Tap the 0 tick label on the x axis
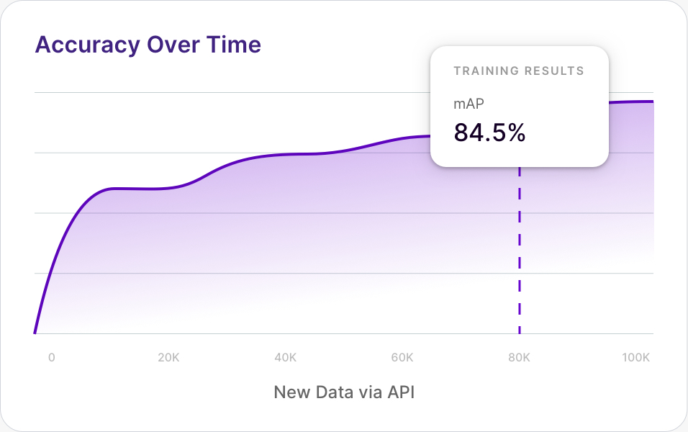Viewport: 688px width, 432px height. (51, 357)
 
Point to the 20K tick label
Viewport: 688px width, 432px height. (168, 357)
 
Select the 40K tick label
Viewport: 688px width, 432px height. (286, 357)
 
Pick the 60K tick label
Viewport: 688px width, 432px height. (402, 357)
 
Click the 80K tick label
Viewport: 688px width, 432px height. (520, 357)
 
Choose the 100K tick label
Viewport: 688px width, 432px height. (636, 357)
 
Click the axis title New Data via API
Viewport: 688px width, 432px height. (344, 393)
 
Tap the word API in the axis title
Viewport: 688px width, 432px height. (401, 393)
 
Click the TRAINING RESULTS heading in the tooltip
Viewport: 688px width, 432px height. (519, 71)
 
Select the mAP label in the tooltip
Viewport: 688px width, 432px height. (469, 104)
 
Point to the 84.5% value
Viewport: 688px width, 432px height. (489, 132)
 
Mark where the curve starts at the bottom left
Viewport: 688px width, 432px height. (35, 333)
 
